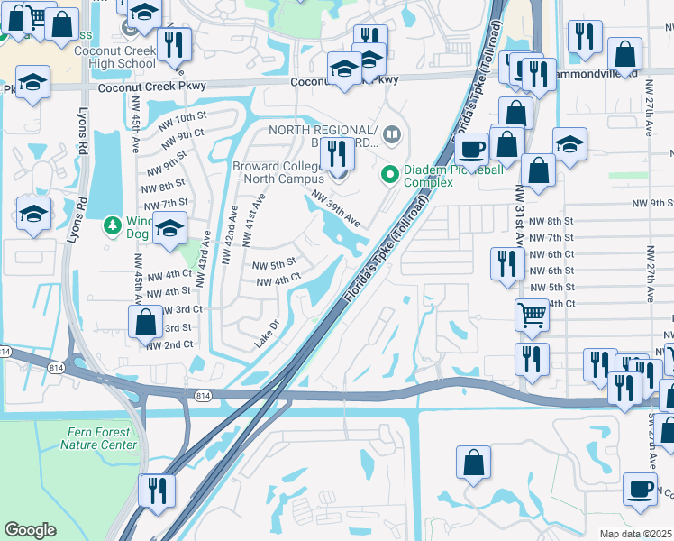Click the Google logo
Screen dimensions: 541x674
[x=30, y=530]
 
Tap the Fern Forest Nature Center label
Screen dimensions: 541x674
[x=99, y=439]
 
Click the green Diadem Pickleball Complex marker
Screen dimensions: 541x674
[x=390, y=173]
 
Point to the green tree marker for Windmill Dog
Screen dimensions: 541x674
[x=112, y=223]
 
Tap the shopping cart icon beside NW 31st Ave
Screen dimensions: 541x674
[x=532, y=315]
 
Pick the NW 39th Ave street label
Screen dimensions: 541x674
[x=336, y=207]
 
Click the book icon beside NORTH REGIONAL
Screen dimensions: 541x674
[x=391, y=136]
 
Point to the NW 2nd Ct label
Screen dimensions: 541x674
[x=169, y=344]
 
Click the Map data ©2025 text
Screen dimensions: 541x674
[x=636, y=534]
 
